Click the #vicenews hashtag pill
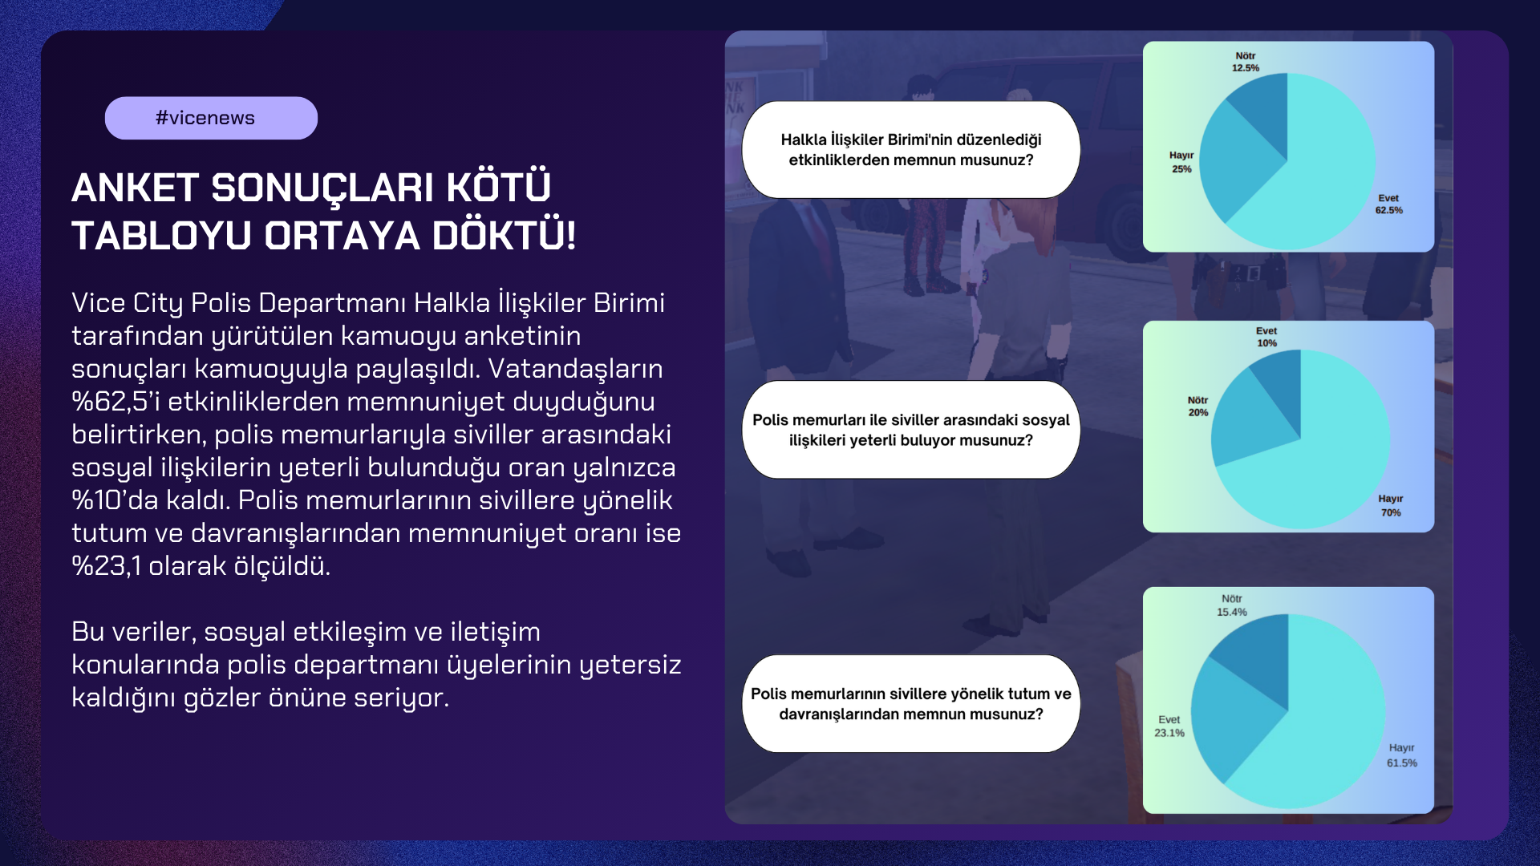pos(211,118)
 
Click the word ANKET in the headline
pos(135,188)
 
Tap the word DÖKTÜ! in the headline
pos(504,236)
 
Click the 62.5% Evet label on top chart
pos(1388,204)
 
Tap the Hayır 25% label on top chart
pos(1181,162)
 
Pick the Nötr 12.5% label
pos(1246,62)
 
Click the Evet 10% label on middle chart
pos(1266,337)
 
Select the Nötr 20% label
pos(1198,407)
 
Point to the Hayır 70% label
pos(1391,505)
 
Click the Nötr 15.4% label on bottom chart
pos(1232,605)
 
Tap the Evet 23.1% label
pos(1169,726)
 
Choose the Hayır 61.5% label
pos(1402,755)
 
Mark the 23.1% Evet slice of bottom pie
pos(1227,718)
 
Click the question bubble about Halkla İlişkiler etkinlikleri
pos(911,150)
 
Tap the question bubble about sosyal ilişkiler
pos(911,430)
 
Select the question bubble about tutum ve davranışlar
pos(911,704)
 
